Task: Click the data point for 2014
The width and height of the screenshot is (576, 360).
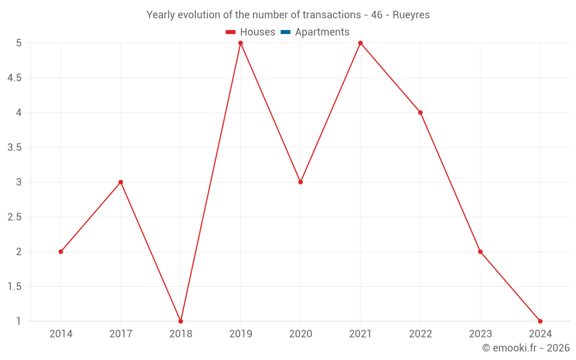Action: (60, 252)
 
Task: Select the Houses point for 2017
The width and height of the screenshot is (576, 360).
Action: (120, 182)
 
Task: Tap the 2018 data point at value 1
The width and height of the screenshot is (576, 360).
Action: (180, 321)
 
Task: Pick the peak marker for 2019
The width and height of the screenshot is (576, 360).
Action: (241, 43)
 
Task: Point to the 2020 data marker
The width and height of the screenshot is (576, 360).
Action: (301, 182)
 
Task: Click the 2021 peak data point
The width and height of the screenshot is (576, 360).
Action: (361, 43)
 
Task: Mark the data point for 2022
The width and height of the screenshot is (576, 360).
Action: (420, 112)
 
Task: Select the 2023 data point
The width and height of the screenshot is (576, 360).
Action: (480, 252)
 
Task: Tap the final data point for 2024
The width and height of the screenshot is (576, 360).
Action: (540, 321)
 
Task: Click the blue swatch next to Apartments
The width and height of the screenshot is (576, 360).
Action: (286, 32)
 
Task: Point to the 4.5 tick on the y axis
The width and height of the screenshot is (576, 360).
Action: (14, 78)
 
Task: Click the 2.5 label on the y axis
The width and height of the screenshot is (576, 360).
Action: (14, 217)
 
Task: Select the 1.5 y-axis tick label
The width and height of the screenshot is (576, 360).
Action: (14, 287)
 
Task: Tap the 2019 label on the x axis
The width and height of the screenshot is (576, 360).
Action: (241, 334)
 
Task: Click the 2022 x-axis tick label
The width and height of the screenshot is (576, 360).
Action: (420, 334)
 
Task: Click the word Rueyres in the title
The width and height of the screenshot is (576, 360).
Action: (411, 15)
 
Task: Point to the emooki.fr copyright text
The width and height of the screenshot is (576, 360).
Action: (526, 348)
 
